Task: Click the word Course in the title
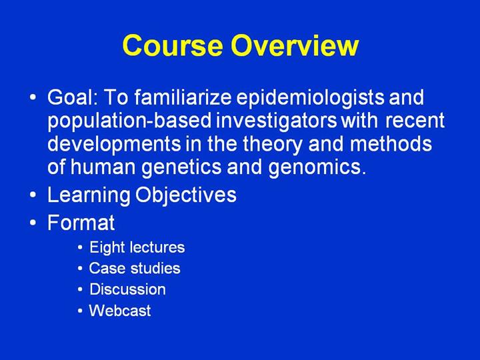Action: point(173,45)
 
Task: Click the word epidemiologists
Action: point(309,98)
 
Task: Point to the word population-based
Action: point(129,121)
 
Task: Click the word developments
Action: point(114,145)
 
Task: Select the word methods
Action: point(391,143)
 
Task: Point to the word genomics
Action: point(317,168)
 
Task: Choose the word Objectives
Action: point(186,195)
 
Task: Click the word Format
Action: point(81,222)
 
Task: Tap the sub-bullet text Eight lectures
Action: point(137,247)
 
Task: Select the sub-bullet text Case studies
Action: point(135,268)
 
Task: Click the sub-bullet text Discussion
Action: point(127,289)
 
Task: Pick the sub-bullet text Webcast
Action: point(120,311)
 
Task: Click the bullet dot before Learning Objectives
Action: point(33,195)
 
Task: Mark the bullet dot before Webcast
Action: point(80,311)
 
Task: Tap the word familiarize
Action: point(183,97)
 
